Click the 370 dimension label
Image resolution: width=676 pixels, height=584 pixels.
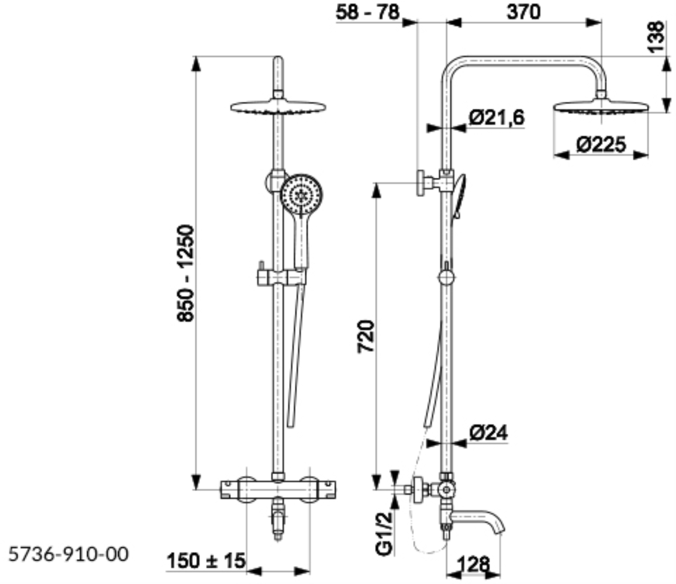(x=523, y=13)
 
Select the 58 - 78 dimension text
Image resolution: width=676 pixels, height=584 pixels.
(x=368, y=13)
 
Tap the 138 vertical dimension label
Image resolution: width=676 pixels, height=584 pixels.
(x=656, y=36)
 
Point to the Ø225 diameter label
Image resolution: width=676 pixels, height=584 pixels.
(x=600, y=144)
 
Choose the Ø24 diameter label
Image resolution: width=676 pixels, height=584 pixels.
(x=489, y=433)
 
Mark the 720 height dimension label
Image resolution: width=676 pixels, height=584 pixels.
(x=365, y=337)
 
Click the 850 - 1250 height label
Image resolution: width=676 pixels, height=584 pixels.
(x=185, y=273)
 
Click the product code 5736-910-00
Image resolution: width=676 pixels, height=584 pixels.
(x=68, y=554)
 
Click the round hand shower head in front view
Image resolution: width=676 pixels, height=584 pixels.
(x=301, y=195)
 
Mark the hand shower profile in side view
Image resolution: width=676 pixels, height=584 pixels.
(x=458, y=196)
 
